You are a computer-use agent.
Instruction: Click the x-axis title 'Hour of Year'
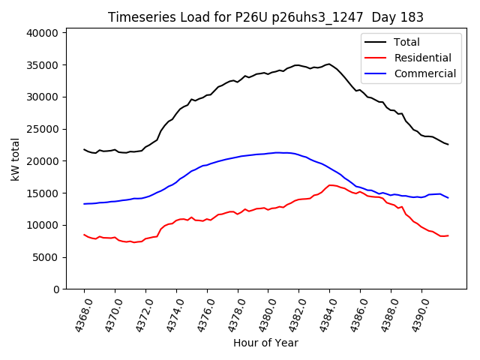(265, 343)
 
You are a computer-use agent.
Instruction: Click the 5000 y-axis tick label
(45, 257)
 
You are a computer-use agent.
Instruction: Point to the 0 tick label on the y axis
(56, 289)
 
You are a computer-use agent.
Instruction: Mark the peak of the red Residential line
(330, 184)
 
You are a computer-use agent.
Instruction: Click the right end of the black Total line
(448, 144)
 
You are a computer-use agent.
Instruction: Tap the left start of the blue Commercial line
(84, 204)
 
